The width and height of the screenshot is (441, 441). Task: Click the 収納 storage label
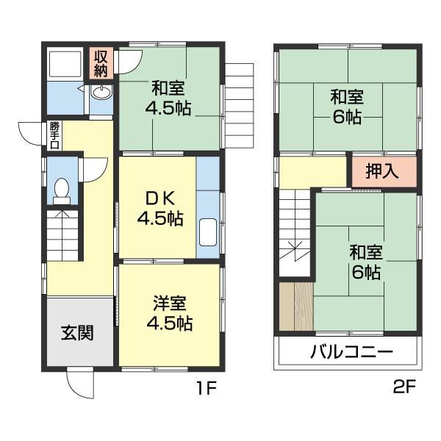pos(101,63)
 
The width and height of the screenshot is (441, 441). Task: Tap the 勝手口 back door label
pos(54,135)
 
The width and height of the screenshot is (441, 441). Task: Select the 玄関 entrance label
pos(77,332)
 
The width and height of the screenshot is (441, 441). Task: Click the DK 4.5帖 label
pos(159,208)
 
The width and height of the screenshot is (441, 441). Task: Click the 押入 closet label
pos(382,171)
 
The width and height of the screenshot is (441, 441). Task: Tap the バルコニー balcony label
pos(351,351)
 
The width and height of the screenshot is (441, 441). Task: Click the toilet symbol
pos(62,190)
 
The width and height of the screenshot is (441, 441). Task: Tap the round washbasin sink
pos(101,93)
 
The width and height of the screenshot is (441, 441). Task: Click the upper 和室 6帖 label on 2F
pos(347,106)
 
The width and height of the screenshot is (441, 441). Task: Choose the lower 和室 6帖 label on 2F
pos(365,262)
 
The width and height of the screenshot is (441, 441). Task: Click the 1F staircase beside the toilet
pos(61,233)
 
